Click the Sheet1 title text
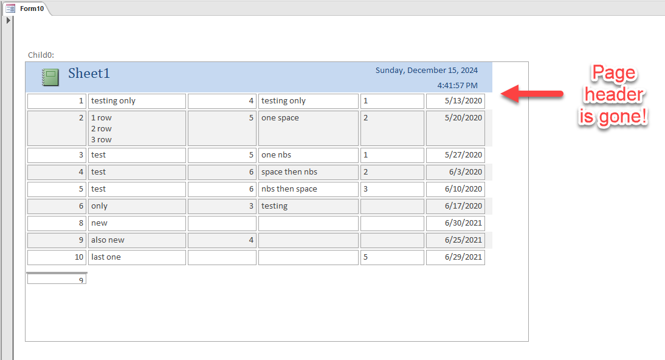(x=89, y=74)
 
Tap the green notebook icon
(x=50, y=77)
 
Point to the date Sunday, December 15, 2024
(x=426, y=70)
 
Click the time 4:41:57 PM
(x=457, y=85)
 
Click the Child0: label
(x=41, y=55)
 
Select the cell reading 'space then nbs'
(x=308, y=172)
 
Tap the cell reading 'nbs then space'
(x=308, y=189)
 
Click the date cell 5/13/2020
(x=455, y=101)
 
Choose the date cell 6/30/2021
(x=455, y=223)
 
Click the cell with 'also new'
(x=137, y=240)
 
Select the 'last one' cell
(x=137, y=257)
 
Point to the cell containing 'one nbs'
(x=308, y=155)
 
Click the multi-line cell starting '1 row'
(x=137, y=128)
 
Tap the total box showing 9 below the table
(x=57, y=279)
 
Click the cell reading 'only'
(x=137, y=206)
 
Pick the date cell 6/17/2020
(x=455, y=206)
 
